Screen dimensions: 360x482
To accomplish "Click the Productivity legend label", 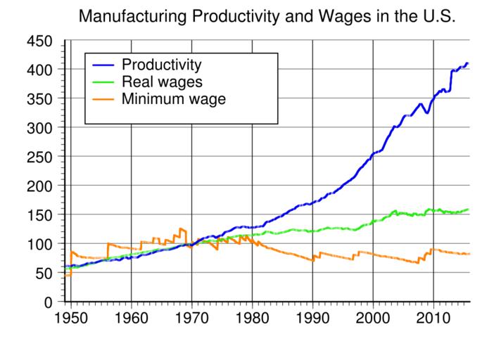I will click(x=162, y=65).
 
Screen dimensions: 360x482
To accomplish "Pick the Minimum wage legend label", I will click(x=173, y=99).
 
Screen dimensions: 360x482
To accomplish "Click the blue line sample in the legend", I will click(x=106, y=65).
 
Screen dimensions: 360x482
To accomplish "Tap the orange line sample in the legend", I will click(x=106, y=99).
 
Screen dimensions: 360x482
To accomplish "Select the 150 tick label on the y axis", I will click(x=40, y=215).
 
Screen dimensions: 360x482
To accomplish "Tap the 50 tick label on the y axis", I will click(x=45, y=273).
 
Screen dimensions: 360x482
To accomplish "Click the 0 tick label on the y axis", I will click(x=49, y=302).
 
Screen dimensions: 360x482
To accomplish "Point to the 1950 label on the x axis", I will click(x=71, y=317).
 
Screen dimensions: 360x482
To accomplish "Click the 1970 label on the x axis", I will click(x=192, y=317).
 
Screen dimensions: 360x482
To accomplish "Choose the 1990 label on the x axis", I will click(x=313, y=317).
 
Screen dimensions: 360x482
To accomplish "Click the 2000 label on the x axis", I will click(x=374, y=317).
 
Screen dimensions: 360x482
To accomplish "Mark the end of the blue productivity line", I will click(x=468, y=64).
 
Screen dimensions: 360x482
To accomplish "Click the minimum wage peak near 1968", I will click(x=181, y=229).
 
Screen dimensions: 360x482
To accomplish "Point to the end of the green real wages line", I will click(x=468, y=210).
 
